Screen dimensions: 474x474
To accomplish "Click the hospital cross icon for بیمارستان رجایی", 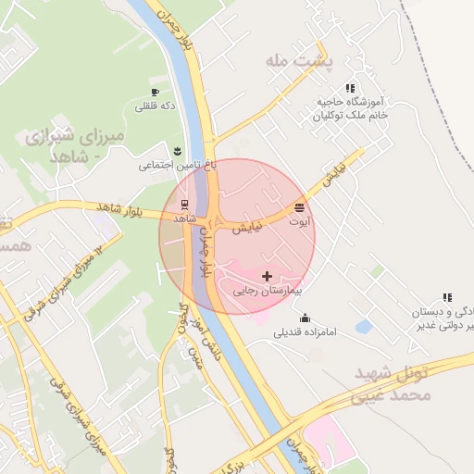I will [268, 276].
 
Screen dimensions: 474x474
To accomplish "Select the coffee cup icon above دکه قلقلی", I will [156, 92].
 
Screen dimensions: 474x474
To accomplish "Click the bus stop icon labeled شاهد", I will [183, 204].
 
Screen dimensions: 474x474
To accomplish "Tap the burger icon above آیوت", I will [299, 207].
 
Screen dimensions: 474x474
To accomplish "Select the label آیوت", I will [300, 222].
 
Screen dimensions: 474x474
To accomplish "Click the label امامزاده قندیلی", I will [304, 332].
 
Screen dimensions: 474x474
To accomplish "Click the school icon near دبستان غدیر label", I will [448, 298].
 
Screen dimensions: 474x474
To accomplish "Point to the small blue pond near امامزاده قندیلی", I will [363, 327].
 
